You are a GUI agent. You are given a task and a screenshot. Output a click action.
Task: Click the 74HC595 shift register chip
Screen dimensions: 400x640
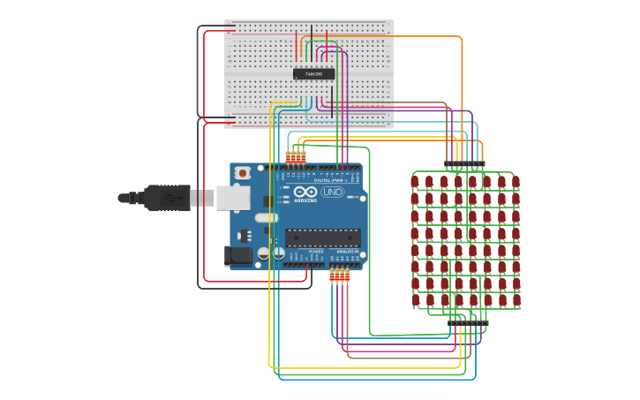tap(314, 74)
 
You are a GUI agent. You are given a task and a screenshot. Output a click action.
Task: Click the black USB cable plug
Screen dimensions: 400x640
tap(164, 198)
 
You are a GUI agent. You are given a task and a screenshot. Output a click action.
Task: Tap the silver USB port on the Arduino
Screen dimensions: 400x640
tap(233, 198)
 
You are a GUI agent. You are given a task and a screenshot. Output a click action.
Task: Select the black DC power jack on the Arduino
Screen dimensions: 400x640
tap(237, 256)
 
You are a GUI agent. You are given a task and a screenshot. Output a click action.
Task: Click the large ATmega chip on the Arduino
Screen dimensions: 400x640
tap(322, 238)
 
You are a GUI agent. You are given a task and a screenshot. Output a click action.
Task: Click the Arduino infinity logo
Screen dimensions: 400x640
tap(305, 192)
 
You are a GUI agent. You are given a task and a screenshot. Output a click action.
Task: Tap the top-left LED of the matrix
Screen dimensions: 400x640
tap(415, 182)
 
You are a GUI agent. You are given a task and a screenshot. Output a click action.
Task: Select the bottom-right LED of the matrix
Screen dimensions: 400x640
tap(516, 300)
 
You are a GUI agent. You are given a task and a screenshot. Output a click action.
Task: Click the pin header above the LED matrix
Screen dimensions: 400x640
tap(464, 165)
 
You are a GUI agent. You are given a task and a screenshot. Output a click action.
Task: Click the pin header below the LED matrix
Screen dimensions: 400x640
tap(467, 323)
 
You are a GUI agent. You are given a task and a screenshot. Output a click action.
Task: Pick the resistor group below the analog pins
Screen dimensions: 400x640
tap(340, 275)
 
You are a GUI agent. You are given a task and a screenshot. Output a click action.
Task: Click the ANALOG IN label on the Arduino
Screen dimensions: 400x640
tap(347, 252)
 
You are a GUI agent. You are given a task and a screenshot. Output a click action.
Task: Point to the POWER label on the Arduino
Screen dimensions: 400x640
tap(316, 252)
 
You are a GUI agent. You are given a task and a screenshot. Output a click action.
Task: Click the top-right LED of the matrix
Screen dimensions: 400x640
tap(516, 182)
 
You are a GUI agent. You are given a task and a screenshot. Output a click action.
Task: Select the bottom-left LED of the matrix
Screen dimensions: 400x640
tap(415, 300)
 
